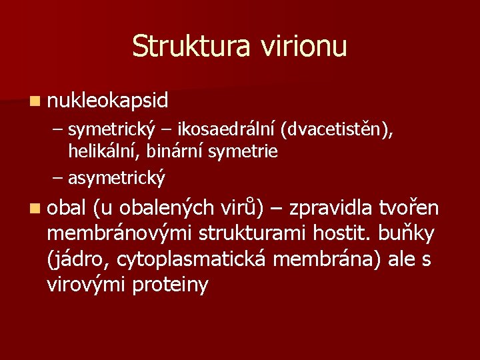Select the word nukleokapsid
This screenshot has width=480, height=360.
(108, 101)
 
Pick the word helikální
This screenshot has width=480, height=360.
(101, 152)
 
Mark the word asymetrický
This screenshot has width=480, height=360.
(117, 179)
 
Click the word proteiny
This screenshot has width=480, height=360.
(171, 285)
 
